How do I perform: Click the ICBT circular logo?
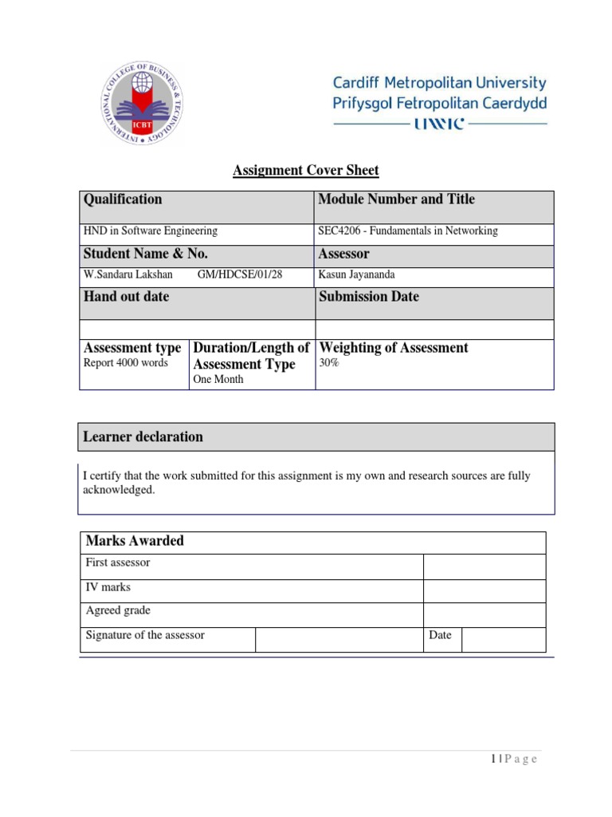(x=144, y=105)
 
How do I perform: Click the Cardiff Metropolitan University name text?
(x=439, y=83)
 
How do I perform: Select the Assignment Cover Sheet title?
(x=306, y=170)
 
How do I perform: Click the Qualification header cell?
(x=123, y=199)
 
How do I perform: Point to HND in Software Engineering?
(x=151, y=231)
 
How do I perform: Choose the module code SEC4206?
(x=340, y=231)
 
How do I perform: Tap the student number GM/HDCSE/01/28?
(x=239, y=275)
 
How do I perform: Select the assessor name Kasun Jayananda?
(x=356, y=275)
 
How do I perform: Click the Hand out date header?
(x=126, y=297)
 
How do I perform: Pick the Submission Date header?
(x=368, y=297)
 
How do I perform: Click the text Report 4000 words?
(x=126, y=363)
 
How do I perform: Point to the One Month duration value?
(x=219, y=380)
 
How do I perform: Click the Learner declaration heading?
(x=143, y=436)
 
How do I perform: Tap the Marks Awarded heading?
(x=135, y=541)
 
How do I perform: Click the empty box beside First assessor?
(x=484, y=566)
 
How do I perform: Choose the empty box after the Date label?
(x=503, y=638)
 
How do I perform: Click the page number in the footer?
(x=493, y=759)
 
